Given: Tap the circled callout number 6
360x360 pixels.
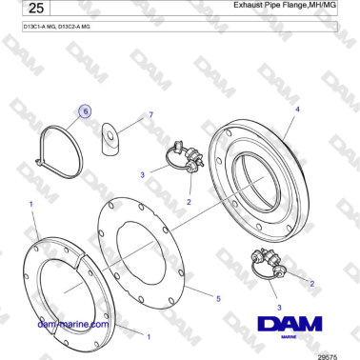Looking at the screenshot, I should [x=85, y=111].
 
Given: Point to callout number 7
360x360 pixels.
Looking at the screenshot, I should [x=150, y=114].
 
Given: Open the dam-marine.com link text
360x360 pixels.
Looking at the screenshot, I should [x=71, y=324].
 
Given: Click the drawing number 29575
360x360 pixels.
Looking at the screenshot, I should [x=327, y=353].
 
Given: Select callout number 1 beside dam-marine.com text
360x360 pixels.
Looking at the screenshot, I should [x=148, y=335].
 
